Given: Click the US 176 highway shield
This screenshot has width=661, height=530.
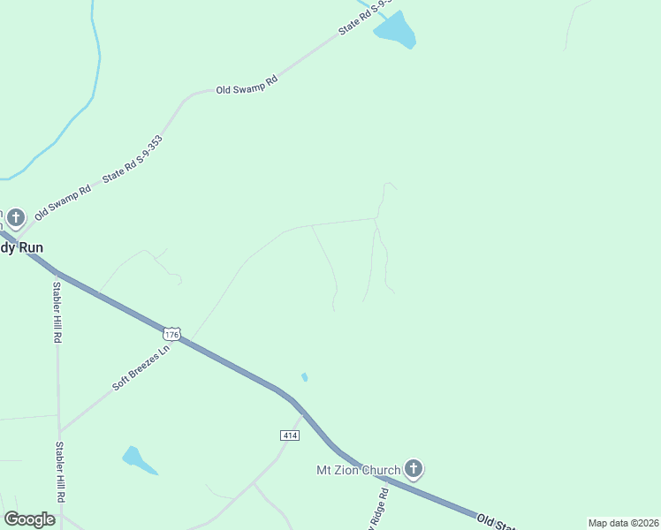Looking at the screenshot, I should pyautogui.click(x=171, y=334).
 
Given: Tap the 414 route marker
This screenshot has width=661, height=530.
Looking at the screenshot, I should pyautogui.click(x=289, y=435).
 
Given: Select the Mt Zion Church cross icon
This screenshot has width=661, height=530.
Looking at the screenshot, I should pyautogui.click(x=412, y=468).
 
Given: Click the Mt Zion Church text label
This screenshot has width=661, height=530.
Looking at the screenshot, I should pyautogui.click(x=359, y=470).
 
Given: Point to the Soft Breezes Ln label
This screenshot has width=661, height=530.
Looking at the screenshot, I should pyautogui.click(x=140, y=368).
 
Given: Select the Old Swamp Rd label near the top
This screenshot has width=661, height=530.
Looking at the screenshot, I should pyautogui.click(x=247, y=85).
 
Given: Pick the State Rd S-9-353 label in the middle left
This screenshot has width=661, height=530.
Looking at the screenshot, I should pyautogui.click(x=132, y=158).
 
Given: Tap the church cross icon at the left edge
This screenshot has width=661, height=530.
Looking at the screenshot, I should pyautogui.click(x=16, y=216).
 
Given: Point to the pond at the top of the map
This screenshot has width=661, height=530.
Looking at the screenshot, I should pyautogui.click(x=395, y=31).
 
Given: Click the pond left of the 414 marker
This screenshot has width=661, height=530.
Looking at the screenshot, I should pyautogui.click(x=138, y=459).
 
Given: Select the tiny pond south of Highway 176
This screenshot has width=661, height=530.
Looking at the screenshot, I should pyautogui.click(x=305, y=377).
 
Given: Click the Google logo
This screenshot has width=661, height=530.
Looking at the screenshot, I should pyautogui.click(x=29, y=519).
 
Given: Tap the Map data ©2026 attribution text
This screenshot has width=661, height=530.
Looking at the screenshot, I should pyautogui.click(x=623, y=523).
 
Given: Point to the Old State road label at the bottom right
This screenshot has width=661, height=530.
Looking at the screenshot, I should pyautogui.click(x=500, y=521).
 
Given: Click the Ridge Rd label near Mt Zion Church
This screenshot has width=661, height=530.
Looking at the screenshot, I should pyautogui.click(x=376, y=509).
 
